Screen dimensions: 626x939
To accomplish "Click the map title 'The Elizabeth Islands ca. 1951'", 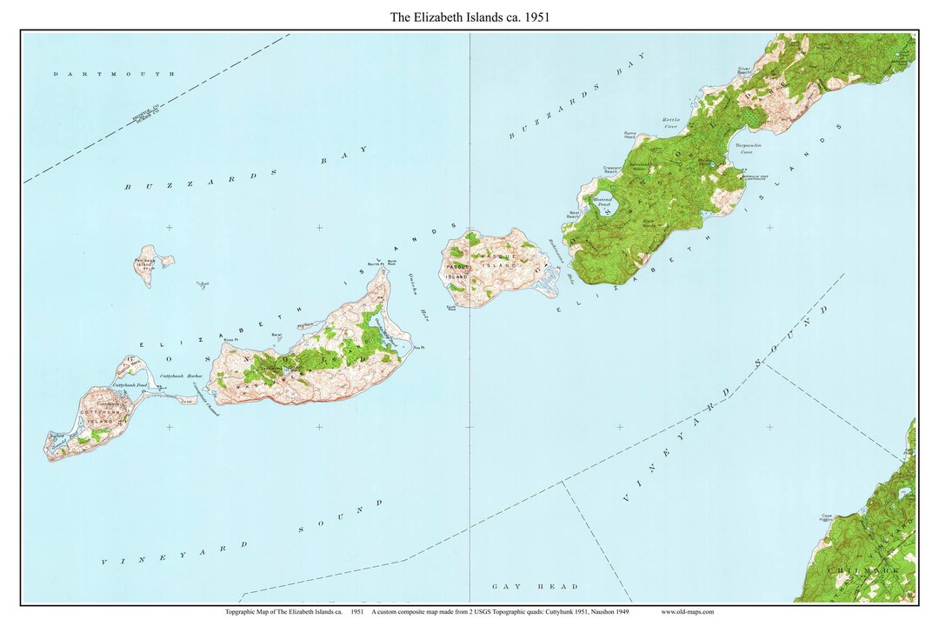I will point(469,16).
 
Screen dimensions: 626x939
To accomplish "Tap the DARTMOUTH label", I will point(114,75).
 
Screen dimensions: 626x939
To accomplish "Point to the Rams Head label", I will point(630,136).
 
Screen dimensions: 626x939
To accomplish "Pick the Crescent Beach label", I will point(612,169).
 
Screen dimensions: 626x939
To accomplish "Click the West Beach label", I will point(575,214).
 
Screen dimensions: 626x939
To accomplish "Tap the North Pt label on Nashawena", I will point(375,263).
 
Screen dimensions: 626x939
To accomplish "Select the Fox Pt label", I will point(418,348).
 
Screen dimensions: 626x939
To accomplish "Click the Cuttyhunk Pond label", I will point(129,384).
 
